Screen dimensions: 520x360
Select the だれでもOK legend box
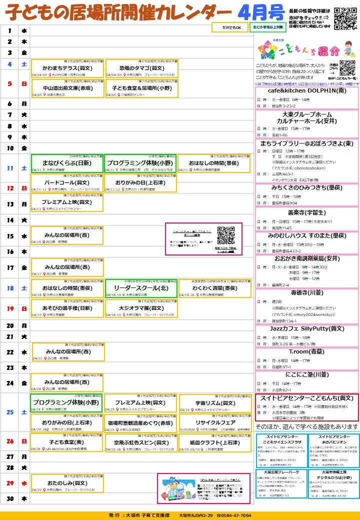229,27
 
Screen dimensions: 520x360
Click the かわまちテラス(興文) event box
67,67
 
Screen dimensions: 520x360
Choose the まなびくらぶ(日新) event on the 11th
67,162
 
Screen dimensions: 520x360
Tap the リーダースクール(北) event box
141,288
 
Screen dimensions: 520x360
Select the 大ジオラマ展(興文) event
141,308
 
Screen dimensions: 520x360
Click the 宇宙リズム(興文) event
215,403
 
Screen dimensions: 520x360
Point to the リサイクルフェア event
215,422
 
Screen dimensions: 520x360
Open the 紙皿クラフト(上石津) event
215,442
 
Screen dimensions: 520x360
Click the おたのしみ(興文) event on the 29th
67,483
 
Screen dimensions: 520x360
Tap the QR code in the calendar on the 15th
226,235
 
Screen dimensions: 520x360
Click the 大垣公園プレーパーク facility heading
281,471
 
